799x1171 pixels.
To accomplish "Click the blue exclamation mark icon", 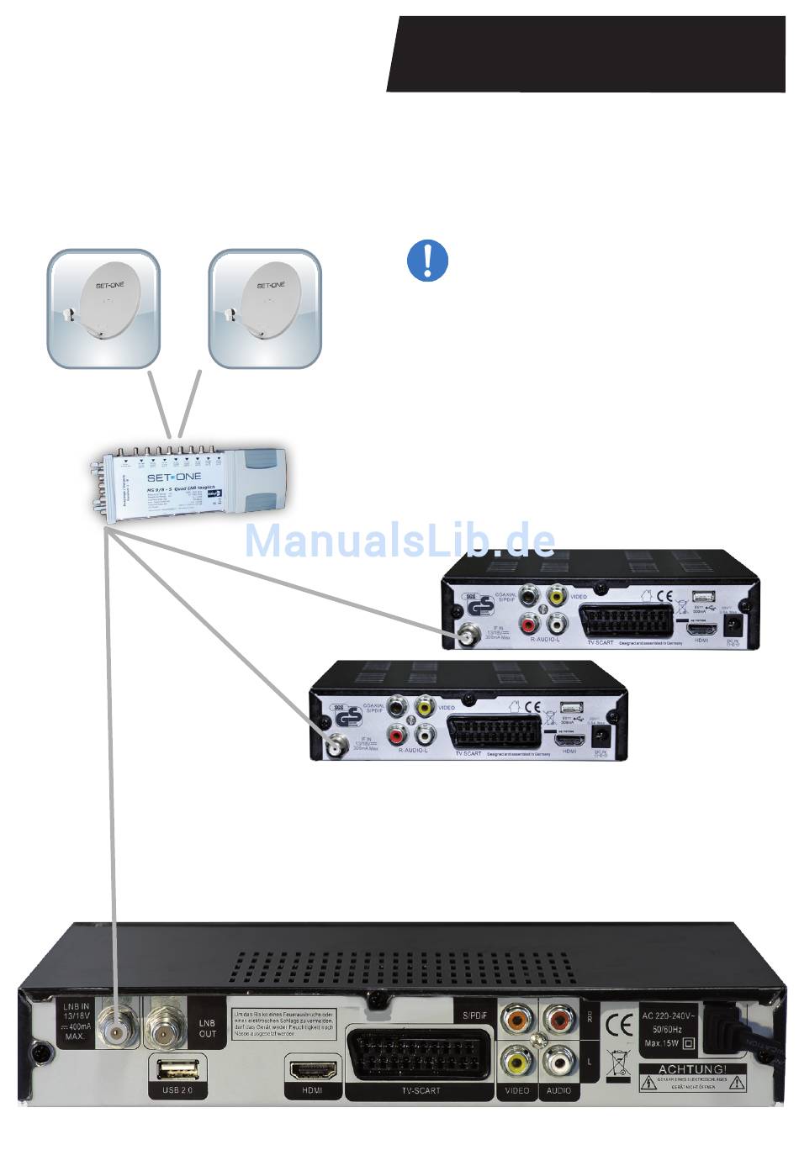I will click(x=427, y=261).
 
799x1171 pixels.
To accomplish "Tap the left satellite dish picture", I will click(x=102, y=309).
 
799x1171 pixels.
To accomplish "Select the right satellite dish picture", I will click(x=264, y=309).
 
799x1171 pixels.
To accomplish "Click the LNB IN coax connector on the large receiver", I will click(x=116, y=1026).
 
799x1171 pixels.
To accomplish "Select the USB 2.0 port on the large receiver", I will click(x=176, y=1069).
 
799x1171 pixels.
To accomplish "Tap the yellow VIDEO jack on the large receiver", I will click(x=516, y=1062).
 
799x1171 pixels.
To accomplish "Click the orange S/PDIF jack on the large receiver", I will click(x=516, y=1020).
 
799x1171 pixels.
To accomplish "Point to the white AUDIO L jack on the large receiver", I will click(x=557, y=1062).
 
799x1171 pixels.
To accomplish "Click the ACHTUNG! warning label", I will click(x=691, y=1077).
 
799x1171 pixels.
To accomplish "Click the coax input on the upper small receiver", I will click(x=466, y=636).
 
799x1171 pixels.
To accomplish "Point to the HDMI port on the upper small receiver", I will click(x=700, y=628).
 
